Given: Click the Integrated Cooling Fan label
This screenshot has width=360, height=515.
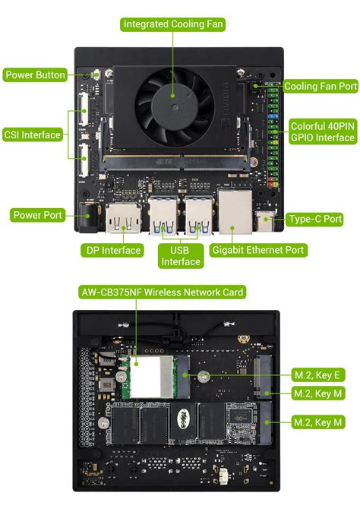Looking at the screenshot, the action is pyautogui.click(x=172, y=24).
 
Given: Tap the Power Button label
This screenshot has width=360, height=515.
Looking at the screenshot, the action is pyautogui.click(x=35, y=75).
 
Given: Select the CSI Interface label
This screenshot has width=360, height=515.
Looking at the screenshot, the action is pyautogui.click(x=32, y=134).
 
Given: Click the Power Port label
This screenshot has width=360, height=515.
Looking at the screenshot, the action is pyautogui.click(x=37, y=215).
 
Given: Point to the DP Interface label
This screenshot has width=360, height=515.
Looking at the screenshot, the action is pyautogui.click(x=113, y=251).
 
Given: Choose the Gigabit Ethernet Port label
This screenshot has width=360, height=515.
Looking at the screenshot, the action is pyautogui.click(x=258, y=250).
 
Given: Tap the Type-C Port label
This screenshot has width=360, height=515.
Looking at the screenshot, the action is pyautogui.click(x=315, y=219).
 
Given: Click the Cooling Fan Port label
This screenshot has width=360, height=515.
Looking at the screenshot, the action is pyautogui.click(x=321, y=87).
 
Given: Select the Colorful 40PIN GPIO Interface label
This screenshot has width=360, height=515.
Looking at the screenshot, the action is pyautogui.click(x=323, y=131).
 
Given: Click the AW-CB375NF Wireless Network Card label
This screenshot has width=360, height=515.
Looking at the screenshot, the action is pyautogui.click(x=163, y=292).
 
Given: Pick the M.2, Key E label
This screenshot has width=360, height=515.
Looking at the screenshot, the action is pyautogui.click(x=318, y=374).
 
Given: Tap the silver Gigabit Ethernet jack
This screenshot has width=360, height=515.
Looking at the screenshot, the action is pyautogui.click(x=235, y=212).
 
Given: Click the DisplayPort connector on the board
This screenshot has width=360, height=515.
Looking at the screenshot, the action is pyautogui.click(x=124, y=218).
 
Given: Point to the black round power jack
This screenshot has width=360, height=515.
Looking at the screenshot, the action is pyautogui.click(x=88, y=216).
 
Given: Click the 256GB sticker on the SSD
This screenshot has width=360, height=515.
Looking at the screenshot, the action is pyautogui.click(x=182, y=419).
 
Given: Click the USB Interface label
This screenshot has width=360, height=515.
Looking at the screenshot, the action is pyautogui.click(x=181, y=256).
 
